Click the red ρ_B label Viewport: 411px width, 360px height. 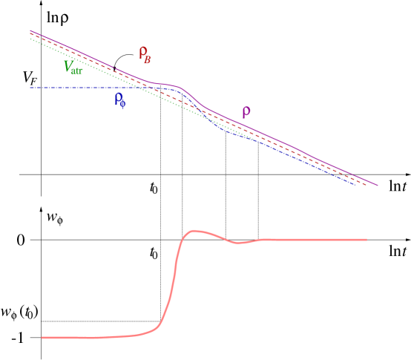click(145, 54)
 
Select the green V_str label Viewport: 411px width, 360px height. click(73, 68)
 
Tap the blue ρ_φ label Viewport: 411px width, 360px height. click(120, 100)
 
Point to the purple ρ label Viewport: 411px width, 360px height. click(246, 112)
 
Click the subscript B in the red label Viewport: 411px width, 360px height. click(148, 59)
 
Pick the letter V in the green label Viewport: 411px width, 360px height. click(68, 66)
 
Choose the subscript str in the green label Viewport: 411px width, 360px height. click(78, 71)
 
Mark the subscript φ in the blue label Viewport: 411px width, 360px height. click(122, 104)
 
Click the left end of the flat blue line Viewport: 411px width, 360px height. click(30, 88)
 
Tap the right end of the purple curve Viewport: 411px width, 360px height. click(378, 186)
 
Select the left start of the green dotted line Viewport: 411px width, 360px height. click(30, 39)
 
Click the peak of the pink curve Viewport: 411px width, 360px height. click(194, 231)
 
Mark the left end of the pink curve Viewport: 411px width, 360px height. click(42, 338)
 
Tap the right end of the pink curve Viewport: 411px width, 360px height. click(366, 240)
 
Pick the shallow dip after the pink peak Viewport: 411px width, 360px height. click(237, 243)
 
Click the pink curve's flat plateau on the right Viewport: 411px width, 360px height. click(312, 240)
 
